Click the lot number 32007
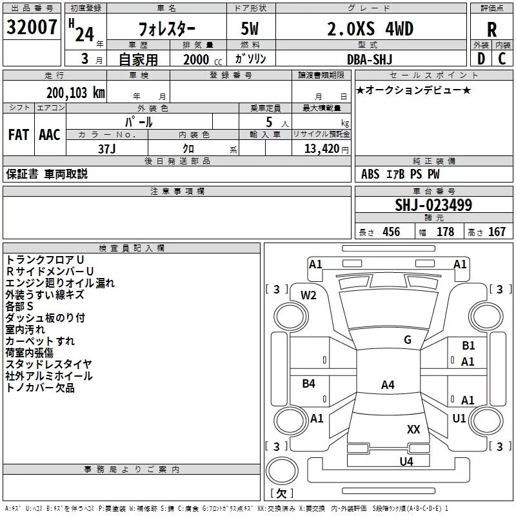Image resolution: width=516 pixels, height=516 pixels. point(32,27)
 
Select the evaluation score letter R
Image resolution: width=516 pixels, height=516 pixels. point(491,30)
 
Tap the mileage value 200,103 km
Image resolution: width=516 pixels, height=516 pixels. point(75,93)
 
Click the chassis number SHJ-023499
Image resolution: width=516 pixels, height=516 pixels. point(433,205)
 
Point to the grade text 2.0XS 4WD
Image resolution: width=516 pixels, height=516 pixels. point(370,29)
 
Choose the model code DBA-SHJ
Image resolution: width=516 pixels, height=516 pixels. point(370,59)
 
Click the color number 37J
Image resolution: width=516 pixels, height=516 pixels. point(107,149)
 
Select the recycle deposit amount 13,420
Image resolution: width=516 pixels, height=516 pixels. point(322,149)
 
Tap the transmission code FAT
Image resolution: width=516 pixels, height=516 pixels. point(19,135)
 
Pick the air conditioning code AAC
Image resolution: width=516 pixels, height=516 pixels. point(50,135)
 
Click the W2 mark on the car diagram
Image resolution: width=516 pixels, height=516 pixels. point(308,295)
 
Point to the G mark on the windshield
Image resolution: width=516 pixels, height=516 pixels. point(408,339)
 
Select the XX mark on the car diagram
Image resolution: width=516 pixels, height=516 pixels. point(413,429)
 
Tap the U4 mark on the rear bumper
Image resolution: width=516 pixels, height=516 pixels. point(406,461)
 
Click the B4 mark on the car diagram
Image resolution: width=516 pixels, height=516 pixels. point(309,383)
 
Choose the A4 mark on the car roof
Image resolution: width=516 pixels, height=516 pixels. point(388,384)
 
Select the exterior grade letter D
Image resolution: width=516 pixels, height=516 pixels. point(481,59)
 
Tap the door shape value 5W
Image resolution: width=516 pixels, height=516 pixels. point(250,29)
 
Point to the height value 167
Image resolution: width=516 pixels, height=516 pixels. point(497,232)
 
